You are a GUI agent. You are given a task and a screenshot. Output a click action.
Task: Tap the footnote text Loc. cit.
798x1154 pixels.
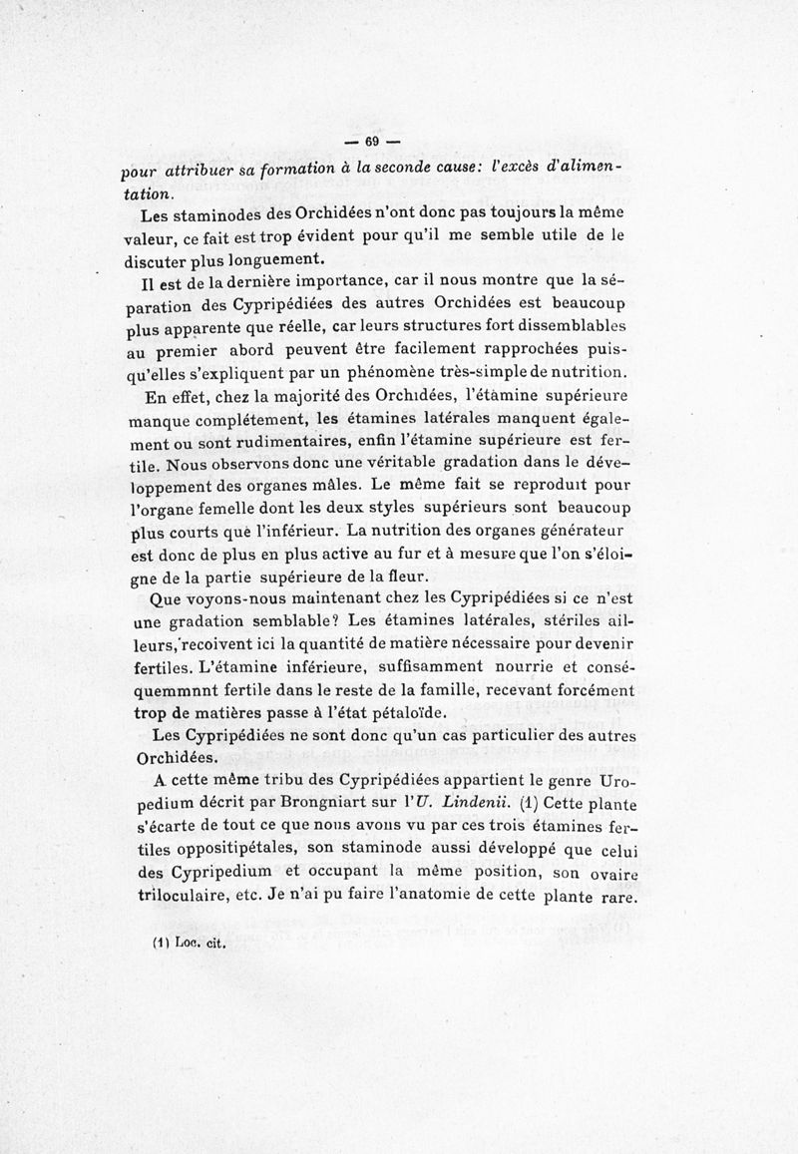coord(200,950)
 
